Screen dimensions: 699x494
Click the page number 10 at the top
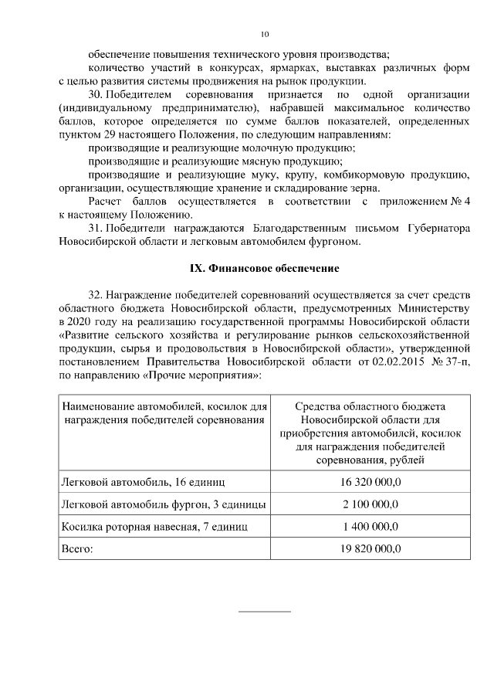pyautogui.click(x=265, y=35)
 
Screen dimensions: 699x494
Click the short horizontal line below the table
pyautogui.click(x=265, y=611)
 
